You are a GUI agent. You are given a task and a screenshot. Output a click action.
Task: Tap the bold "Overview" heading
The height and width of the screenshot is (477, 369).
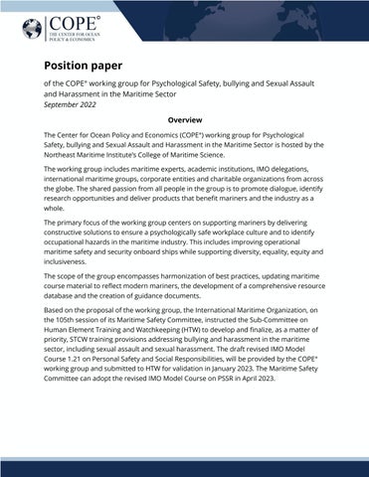coord(184,119)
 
